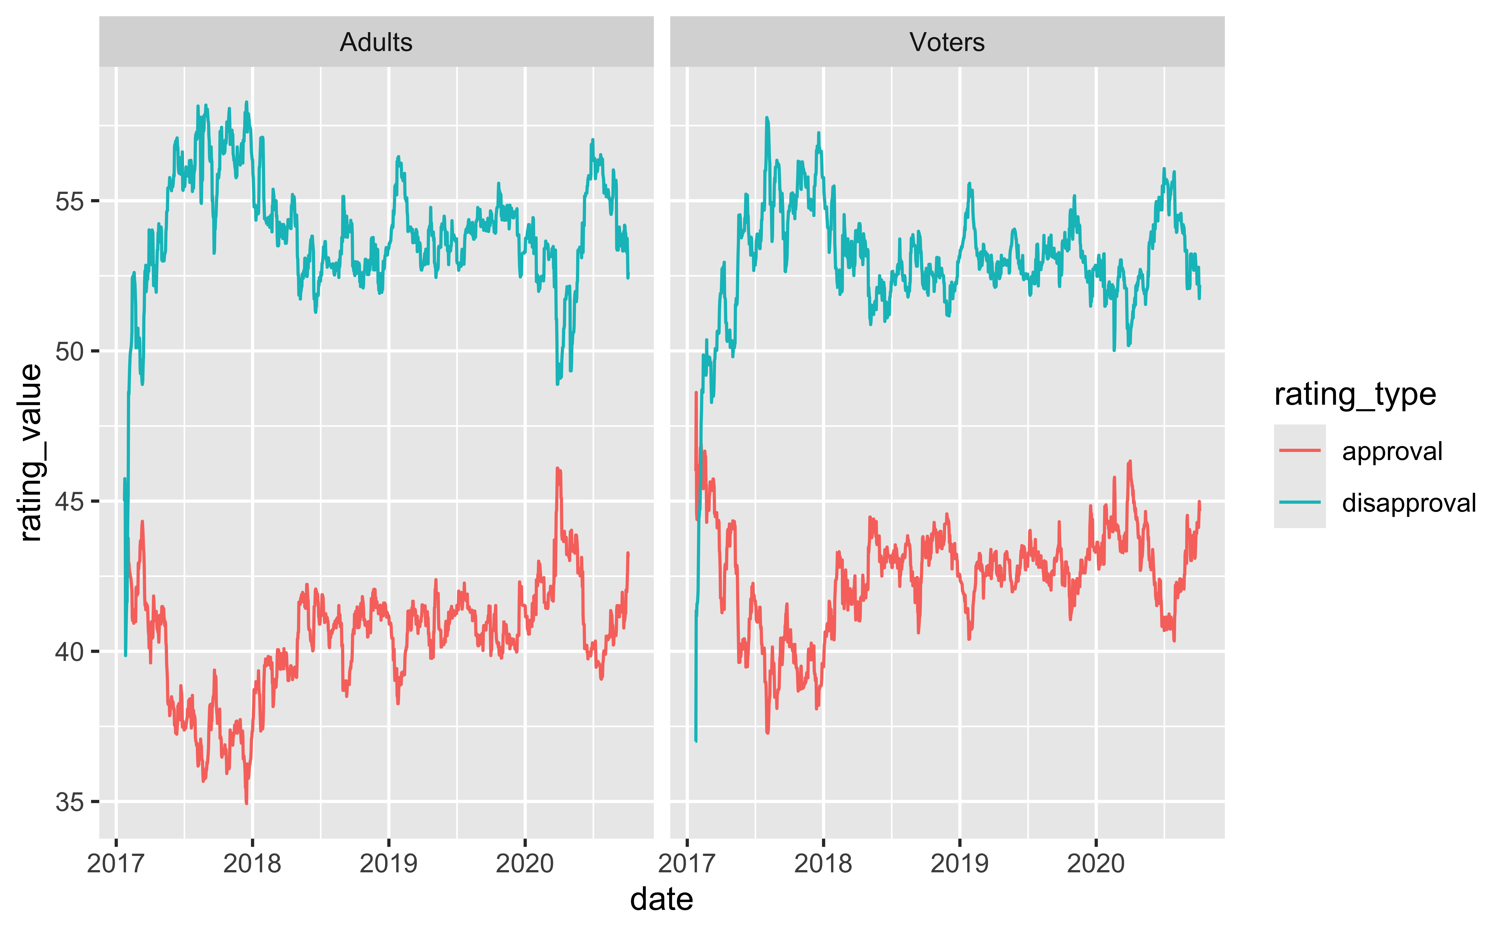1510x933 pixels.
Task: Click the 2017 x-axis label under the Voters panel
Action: (x=687, y=863)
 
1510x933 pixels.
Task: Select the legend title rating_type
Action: (x=1355, y=394)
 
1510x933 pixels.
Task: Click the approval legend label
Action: (x=1392, y=451)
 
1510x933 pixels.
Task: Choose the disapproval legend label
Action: (x=1409, y=503)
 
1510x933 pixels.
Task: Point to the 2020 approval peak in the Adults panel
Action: (x=557, y=469)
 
